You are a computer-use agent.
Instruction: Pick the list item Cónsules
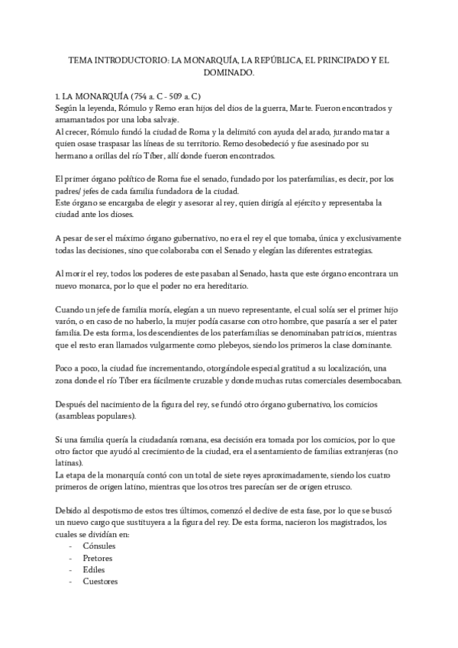click(x=99, y=546)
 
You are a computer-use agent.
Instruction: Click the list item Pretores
click(x=97, y=558)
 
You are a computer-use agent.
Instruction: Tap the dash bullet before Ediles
click(x=71, y=569)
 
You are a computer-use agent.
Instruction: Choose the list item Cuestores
click(x=100, y=582)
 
